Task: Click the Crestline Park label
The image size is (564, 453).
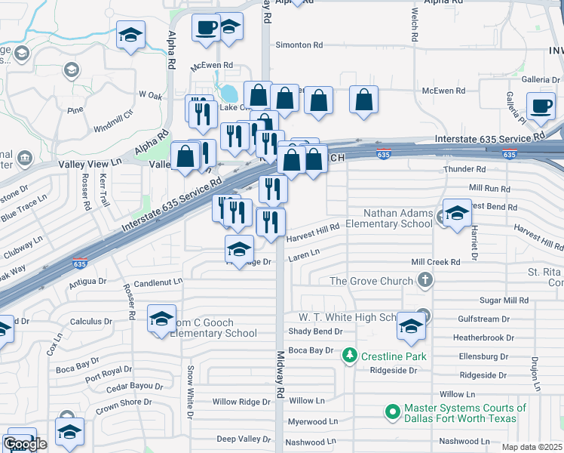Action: (x=393, y=356)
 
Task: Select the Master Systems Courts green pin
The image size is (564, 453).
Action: (x=391, y=412)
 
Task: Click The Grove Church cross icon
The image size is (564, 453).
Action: (x=425, y=281)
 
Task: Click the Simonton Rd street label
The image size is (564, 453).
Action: (x=299, y=45)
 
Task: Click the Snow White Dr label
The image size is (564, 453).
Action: (x=192, y=393)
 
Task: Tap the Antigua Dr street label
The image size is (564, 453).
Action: (x=88, y=282)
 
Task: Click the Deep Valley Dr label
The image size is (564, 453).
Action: (x=243, y=439)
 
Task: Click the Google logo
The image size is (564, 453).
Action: (x=25, y=444)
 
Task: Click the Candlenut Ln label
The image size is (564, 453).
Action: (x=158, y=282)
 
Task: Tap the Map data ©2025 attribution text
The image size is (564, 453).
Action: (x=532, y=447)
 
